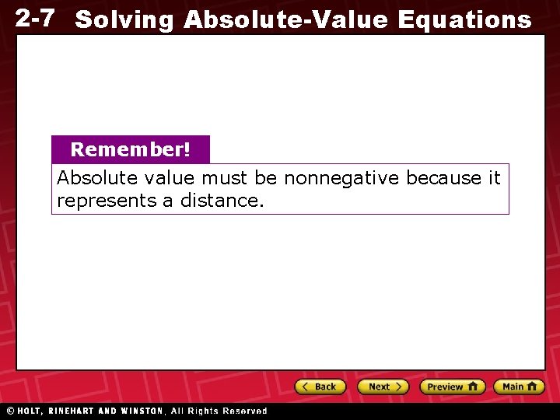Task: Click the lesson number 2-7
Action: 35,18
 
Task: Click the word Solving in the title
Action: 124,20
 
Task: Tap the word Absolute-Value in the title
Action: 285,19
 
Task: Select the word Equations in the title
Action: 464,20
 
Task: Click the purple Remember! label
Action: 130,149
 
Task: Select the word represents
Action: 96,201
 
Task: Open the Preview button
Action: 452,387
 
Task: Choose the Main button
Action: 520,387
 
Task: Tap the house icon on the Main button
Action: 532,387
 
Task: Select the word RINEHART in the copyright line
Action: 74,411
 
